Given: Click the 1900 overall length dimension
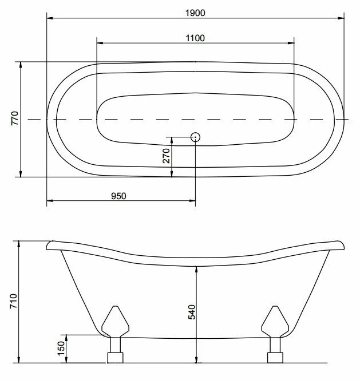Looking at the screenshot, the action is coord(195,13).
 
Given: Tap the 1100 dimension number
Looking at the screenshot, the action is coord(195,38).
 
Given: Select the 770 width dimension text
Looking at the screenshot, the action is coord(15,118).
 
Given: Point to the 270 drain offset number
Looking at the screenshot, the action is coord(167,156).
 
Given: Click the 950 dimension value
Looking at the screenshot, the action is coord(118,196).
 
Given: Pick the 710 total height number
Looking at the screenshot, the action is coord(14,301).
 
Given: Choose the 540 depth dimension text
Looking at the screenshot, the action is coord(192,312).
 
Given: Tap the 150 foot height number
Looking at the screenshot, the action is coord(61,349).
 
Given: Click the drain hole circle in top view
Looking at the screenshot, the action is coord(195,137).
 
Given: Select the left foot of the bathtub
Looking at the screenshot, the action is coord(115,334).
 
